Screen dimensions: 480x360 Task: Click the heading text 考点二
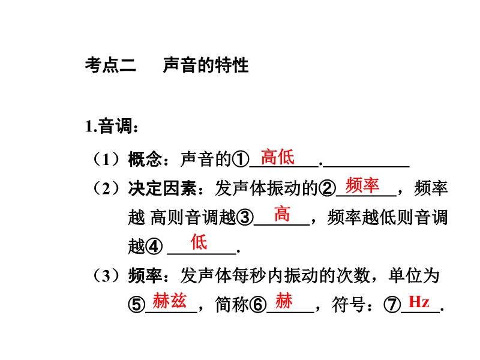pyautogui.click(x=110, y=65)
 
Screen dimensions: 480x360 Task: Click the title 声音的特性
pyautogui.click(x=206, y=65)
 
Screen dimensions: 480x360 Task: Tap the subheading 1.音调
pyautogui.click(x=112, y=126)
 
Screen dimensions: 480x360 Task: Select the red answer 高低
pyautogui.click(x=278, y=157)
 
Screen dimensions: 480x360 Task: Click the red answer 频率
pyautogui.click(x=362, y=185)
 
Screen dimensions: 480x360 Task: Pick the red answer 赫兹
pyautogui.click(x=170, y=301)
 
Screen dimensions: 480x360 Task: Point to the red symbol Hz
pyautogui.click(x=419, y=302)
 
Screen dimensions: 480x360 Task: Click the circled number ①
pyautogui.click(x=241, y=160)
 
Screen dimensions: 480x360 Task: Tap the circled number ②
pyautogui.click(x=327, y=188)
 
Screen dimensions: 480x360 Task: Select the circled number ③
pyautogui.click(x=245, y=217)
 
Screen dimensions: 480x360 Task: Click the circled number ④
pyautogui.click(x=154, y=246)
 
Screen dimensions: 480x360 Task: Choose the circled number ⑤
pyautogui.click(x=136, y=305)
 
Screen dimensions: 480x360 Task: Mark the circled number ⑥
pyautogui.click(x=258, y=305)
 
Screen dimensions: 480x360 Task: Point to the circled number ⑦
pyautogui.click(x=392, y=305)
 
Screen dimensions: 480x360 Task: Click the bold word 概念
pyautogui.click(x=145, y=159)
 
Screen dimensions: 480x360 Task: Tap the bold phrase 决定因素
pyautogui.click(x=162, y=188)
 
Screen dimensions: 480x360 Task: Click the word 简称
pyautogui.click(x=232, y=305)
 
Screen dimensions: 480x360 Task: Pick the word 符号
pyautogui.click(x=349, y=305)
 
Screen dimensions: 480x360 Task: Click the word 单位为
pyautogui.click(x=414, y=275)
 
